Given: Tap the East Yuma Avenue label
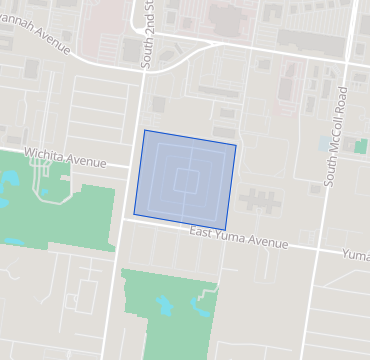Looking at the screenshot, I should click(239, 238).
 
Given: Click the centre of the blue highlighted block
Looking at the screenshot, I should click(186, 180).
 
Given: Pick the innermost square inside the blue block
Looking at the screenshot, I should click(186, 180).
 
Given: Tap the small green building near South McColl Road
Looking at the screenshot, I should click(360, 146).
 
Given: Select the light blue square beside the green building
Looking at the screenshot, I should click(350, 146).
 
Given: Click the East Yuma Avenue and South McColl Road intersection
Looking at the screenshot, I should click(319, 250).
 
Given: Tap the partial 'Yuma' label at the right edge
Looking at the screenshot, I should click(356, 254).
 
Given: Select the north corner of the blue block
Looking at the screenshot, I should click(145, 130).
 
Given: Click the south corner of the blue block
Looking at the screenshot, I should click(226, 230).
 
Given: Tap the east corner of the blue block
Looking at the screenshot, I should click(236, 146).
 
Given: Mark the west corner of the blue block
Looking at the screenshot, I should click(135, 213).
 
